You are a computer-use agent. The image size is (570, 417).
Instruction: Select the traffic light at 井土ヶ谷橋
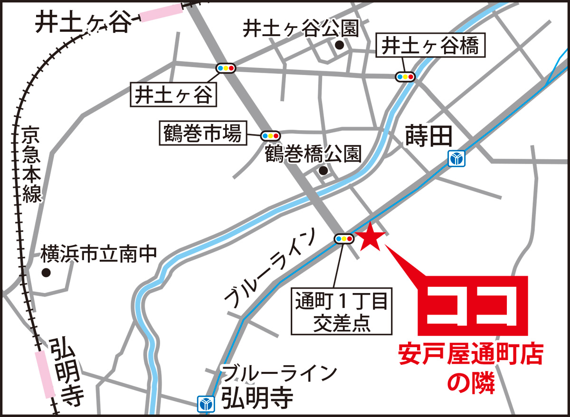(x=405, y=76)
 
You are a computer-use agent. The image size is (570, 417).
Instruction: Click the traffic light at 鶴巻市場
(x=269, y=135)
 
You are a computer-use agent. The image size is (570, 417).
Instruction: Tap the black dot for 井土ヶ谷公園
(x=339, y=45)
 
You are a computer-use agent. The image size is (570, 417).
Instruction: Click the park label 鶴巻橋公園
(x=313, y=154)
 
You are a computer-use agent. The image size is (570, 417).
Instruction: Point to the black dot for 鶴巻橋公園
(x=323, y=171)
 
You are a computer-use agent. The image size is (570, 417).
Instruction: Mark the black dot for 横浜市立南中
(x=46, y=273)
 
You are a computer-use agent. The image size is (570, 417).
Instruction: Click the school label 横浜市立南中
(x=98, y=255)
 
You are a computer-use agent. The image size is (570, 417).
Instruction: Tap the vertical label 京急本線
(x=31, y=162)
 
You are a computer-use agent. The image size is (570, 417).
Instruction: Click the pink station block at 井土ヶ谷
(x=161, y=12)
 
